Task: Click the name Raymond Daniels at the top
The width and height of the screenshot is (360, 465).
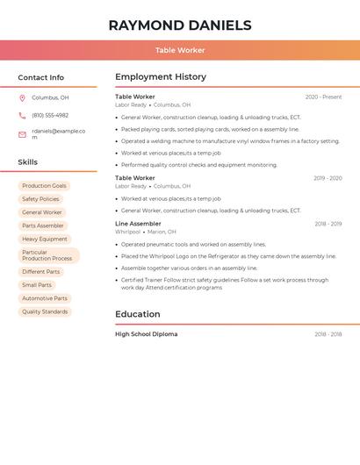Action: tap(180, 25)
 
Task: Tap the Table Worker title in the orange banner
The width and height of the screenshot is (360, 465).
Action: tap(180, 50)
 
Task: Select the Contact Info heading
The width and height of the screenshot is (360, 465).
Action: tap(41, 77)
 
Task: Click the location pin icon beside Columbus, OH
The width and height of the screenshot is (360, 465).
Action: tap(22, 97)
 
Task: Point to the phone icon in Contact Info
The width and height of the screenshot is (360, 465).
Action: tap(22, 115)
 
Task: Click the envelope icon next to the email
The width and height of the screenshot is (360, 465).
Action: tap(22, 134)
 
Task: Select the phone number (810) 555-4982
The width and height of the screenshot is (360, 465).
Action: tap(50, 115)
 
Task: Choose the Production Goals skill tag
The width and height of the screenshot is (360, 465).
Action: tap(44, 186)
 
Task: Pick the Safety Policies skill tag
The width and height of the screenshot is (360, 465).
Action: tap(40, 199)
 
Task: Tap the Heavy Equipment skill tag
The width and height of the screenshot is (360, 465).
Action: tap(45, 239)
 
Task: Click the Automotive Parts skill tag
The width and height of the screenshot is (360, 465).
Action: tap(45, 298)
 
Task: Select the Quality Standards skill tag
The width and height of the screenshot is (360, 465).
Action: tap(45, 311)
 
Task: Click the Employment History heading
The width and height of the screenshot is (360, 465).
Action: tap(161, 77)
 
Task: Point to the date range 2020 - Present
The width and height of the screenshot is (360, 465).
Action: tap(323, 97)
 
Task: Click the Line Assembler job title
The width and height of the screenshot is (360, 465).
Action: tap(138, 224)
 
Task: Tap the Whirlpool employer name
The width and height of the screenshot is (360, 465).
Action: tap(127, 232)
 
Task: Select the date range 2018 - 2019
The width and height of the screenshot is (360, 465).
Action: tap(328, 224)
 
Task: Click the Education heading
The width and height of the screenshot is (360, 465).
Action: tap(138, 314)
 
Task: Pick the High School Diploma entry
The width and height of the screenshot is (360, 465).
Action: tap(146, 334)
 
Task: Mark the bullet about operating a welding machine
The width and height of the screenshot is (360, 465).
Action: tap(230, 141)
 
